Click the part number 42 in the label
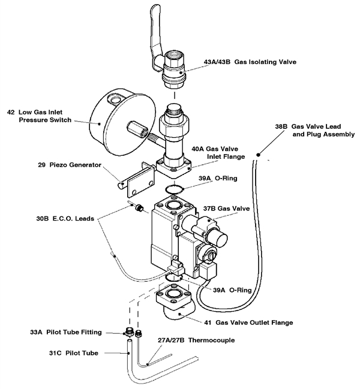point(11,111)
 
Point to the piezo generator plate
point(141,181)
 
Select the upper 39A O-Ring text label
point(219,178)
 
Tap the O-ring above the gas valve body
point(176,191)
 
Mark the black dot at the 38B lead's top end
point(258,155)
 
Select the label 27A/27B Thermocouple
point(194,340)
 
